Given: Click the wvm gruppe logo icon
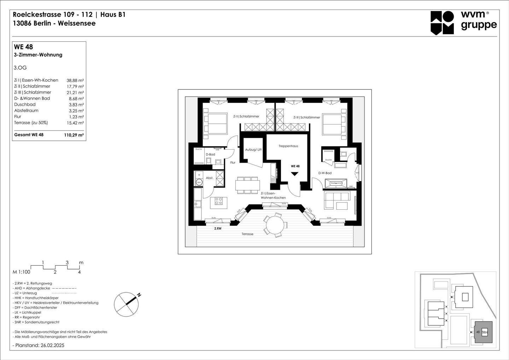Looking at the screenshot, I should point(442,23).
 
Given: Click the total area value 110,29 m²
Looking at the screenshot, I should point(74,135).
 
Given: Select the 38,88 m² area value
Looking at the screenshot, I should point(75,80).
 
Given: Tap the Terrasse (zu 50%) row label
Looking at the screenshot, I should point(31,123).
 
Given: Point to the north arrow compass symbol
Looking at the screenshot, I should point(126,304).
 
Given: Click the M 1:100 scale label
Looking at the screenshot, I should point(22,272).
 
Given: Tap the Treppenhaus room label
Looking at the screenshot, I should point(288,146).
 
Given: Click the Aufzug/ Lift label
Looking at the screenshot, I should point(253,150).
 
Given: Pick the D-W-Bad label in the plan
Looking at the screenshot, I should point(324,173).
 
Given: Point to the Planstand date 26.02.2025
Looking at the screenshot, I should point(38,345).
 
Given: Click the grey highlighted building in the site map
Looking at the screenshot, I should point(483,332).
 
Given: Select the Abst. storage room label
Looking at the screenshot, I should point(210,178).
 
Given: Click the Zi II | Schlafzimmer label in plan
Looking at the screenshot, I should point(246,116).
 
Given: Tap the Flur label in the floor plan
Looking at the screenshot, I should point(233,163).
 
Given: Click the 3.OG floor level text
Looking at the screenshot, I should point(20,68).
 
